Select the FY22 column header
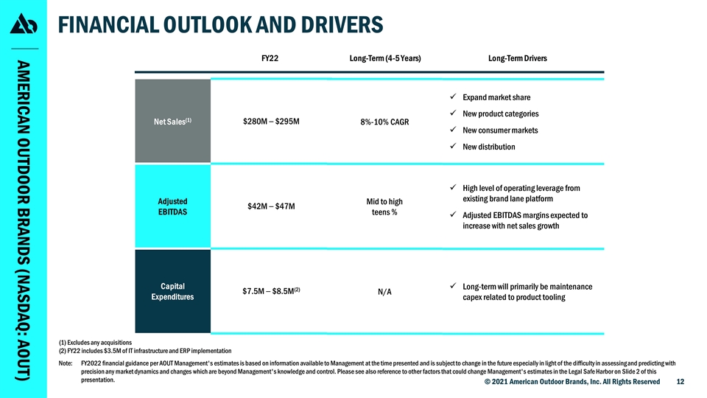click(270, 57)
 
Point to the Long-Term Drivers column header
click(517, 57)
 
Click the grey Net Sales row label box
click(172, 121)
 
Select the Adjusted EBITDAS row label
click(172, 207)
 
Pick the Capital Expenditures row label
click(172, 291)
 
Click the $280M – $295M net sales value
click(270, 121)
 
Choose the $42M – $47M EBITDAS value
click(271, 206)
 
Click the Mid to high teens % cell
click(384, 207)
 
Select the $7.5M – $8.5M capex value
click(271, 291)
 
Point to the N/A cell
click(384, 292)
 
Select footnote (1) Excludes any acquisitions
click(94, 343)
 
